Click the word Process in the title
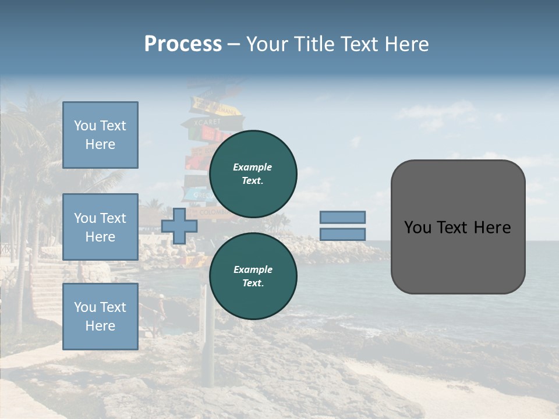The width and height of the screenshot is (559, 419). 183,44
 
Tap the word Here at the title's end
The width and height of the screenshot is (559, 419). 406,44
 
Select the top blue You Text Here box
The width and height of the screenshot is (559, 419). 100,135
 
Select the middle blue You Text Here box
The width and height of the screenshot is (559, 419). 100,227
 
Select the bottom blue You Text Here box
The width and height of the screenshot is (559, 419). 100,317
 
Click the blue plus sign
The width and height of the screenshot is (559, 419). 179,226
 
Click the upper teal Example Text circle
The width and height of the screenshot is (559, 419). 253,174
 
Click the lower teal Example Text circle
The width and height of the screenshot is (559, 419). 253,276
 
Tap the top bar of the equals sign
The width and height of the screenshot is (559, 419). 342,217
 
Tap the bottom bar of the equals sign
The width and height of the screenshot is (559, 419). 342,234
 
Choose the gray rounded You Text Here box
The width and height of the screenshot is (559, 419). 458,227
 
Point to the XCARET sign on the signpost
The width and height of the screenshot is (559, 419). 201,122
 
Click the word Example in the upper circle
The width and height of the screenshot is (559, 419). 253,167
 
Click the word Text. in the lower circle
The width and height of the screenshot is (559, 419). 253,283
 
